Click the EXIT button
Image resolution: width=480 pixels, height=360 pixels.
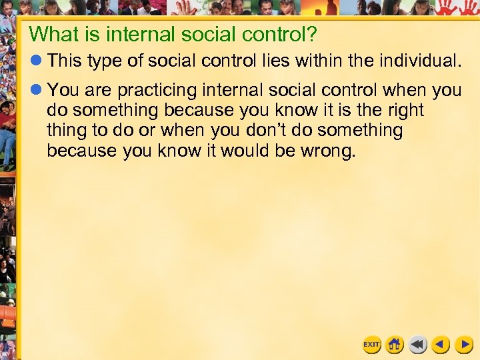[371, 345]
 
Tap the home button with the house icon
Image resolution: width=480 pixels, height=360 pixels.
[394, 345]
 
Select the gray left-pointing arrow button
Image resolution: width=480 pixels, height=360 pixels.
[417, 345]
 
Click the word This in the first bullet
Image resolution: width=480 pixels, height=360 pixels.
[65, 62]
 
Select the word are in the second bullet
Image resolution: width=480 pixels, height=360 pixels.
[93, 90]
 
